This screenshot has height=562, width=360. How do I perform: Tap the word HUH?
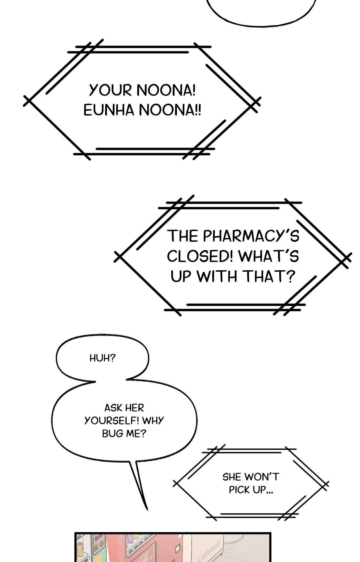pyautogui.click(x=102, y=358)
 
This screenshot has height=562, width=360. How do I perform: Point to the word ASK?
pyautogui.click(x=112, y=408)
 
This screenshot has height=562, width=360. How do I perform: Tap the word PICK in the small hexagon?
pyautogui.click(x=239, y=490)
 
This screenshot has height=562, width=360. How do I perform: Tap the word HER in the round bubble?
pyautogui.click(x=134, y=408)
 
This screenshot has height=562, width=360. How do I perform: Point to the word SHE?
pyautogui.click(x=232, y=477)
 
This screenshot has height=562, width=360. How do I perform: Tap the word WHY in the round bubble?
pyautogui.click(x=153, y=421)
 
